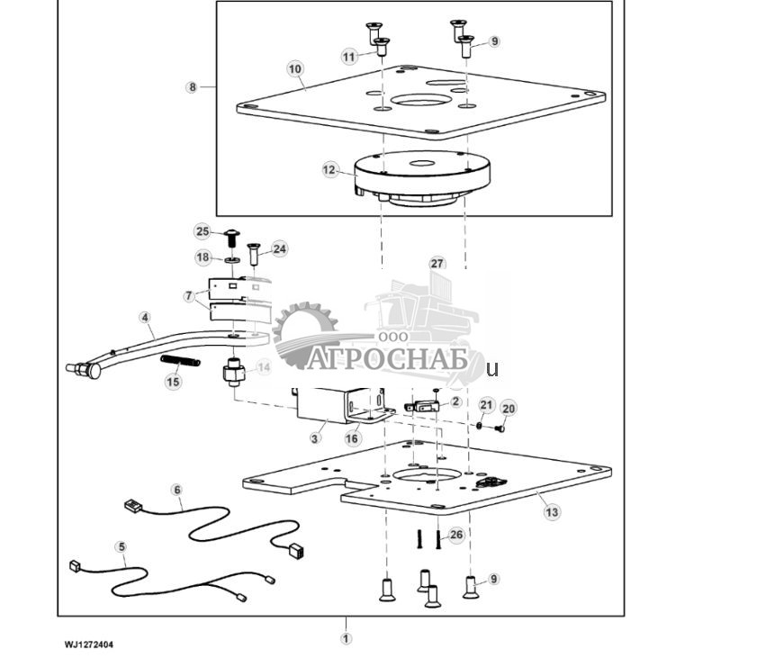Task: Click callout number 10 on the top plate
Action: pos(295,68)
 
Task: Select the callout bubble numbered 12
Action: pos(329,168)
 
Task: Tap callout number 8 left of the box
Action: pos(192,87)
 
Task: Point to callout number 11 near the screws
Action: pos(349,56)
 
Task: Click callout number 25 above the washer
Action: pos(203,231)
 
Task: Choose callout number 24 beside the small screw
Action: pos(280,248)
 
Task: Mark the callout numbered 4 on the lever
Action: pos(144,317)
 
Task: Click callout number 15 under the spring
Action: pos(173,382)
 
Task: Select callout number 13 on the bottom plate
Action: pos(552,511)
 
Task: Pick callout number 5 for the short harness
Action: pos(121,546)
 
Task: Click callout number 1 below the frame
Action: pos(346,638)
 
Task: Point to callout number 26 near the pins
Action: pos(457,536)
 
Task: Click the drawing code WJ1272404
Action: pos(89,644)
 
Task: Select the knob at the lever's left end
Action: pos(81,369)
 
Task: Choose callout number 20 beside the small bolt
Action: pos(509,408)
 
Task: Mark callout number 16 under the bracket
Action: pos(352,438)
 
